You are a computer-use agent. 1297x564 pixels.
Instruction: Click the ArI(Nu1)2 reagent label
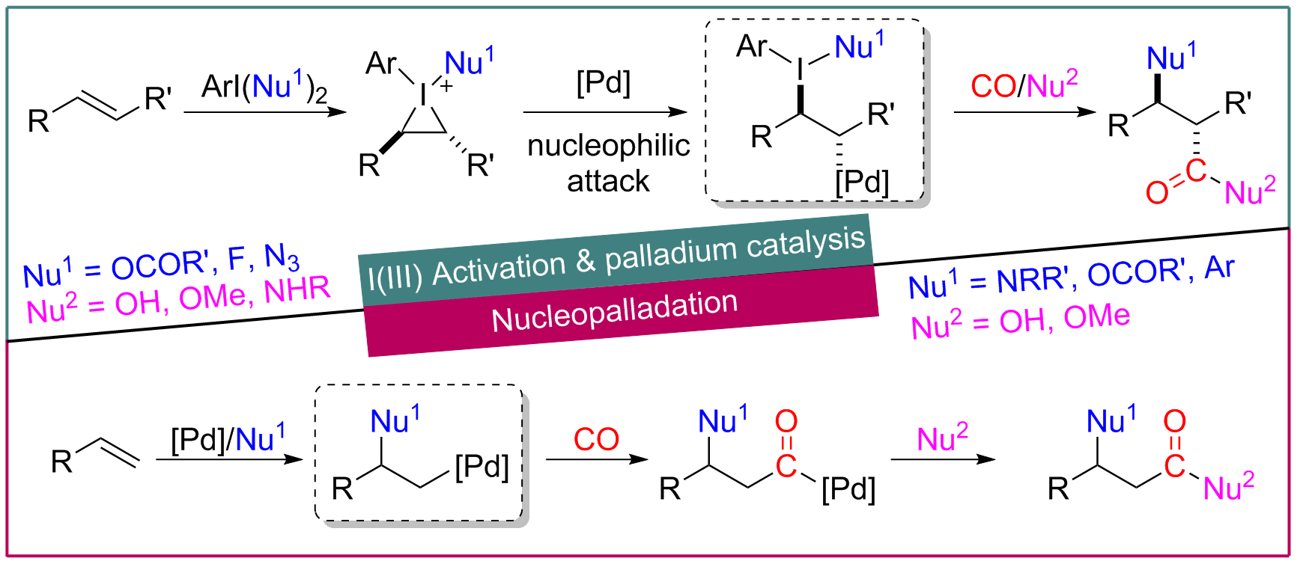pyautogui.click(x=264, y=87)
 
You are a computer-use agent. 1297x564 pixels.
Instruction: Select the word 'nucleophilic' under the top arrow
pyautogui.click(x=608, y=146)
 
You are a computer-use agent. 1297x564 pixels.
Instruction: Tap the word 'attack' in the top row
pyautogui.click(x=608, y=181)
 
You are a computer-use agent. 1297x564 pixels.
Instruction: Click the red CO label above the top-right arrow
pyautogui.click(x=993, y=86)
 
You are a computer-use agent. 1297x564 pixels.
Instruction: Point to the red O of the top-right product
pyautogui.click(x=1157, y=192)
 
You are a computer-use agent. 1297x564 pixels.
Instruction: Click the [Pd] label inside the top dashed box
pyautogui.click(x=862, y=182)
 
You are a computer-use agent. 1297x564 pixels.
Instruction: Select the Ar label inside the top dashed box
pyautogui.click(x=752, y=46)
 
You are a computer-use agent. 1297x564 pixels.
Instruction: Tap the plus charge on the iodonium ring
pyautogui.click(x=446, y=86)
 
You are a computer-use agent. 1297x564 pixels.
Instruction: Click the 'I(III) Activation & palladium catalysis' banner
pyautogui.click(x=616, y=259)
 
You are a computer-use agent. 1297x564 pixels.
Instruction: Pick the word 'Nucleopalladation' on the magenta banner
pyautogui.click(x=614, y=311)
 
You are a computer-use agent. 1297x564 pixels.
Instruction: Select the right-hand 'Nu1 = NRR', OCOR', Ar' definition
pyautogui.click(x=1071, y=277)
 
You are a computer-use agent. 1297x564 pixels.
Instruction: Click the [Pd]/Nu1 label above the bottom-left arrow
pyautogui.click(x=228, y=438)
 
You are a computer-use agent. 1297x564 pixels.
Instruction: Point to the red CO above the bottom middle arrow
pyautogui.click(x=596, y=439)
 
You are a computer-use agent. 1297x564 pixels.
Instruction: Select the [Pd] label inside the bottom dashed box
pyautogui.click(x=482, y=467)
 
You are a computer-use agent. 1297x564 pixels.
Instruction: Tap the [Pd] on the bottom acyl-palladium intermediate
pyautogui.click(x=848, y=490)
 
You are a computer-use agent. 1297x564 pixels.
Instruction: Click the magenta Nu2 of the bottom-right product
pyautogui.click(x=1228, y=488)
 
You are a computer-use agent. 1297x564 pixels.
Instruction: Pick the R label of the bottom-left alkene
pyautogui.click(x=61, y=462)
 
